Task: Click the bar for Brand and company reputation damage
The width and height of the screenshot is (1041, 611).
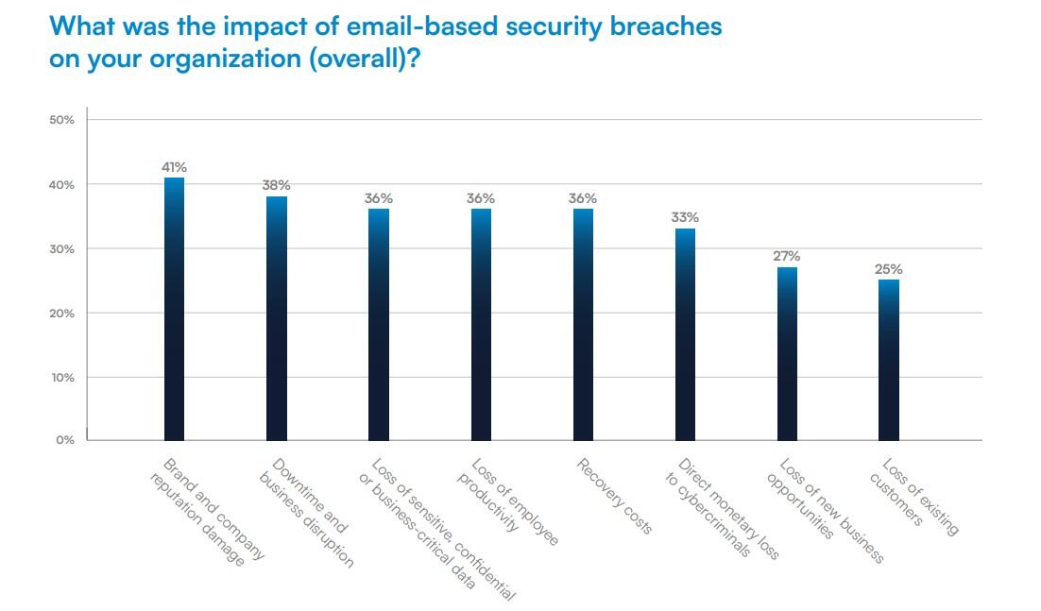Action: [x=174, y=309]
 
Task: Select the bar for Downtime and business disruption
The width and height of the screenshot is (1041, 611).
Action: [x=276, y=318]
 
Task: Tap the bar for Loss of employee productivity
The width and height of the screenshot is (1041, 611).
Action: [x=481, y=324]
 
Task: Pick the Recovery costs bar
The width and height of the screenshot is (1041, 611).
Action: [x=583, y=324]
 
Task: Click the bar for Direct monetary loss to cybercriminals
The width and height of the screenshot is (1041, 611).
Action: [x=685, y=334]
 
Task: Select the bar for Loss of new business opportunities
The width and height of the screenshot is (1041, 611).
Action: [x=787, y=353]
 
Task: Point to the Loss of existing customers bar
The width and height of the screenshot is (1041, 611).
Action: [x=889, y=360]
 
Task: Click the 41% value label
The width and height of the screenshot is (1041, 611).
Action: [x=174, y=167]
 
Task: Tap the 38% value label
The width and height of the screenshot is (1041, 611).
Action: [x=276, y=186]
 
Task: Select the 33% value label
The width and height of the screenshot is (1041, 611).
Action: [x=685, y=217]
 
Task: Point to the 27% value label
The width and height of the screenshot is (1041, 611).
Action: [x=787, y=256]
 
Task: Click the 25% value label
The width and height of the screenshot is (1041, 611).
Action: [x=889, y=269]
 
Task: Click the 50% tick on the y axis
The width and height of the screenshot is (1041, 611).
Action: [x=61, y=121]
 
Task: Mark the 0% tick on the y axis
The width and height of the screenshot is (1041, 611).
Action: [x=64, y=440]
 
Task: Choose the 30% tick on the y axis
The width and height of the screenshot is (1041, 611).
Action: [x=61, y=249]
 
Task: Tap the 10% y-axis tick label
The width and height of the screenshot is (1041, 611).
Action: [x=61, y=377]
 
